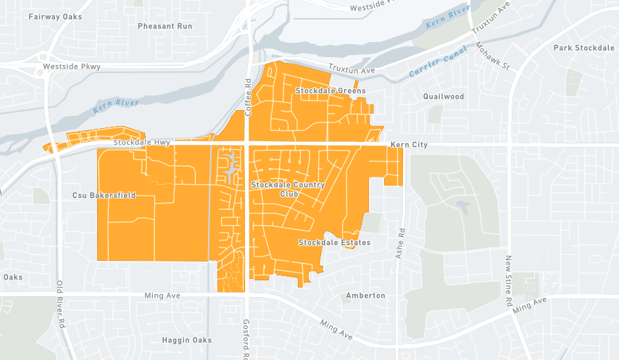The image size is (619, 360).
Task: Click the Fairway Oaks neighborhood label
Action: [x=55, y=16]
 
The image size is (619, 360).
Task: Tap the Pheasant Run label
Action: [x=165, y=25]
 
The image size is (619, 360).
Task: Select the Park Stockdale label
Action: [x=583, y=48]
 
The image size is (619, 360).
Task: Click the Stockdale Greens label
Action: [x=331, y=91]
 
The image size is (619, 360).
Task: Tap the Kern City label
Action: [x=409, y=145]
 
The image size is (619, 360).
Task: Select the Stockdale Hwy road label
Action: [x=141, y=143]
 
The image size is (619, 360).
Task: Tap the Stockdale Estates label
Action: [x=334, y=243]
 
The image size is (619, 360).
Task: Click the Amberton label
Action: [x=365, y=296]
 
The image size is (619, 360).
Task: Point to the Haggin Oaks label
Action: [x=187, y=340]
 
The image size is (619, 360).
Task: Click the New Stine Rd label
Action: [x=510, y=280]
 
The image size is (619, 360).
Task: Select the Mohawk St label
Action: [x=494, y=56]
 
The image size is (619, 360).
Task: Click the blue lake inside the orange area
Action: [x=230, y=168]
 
